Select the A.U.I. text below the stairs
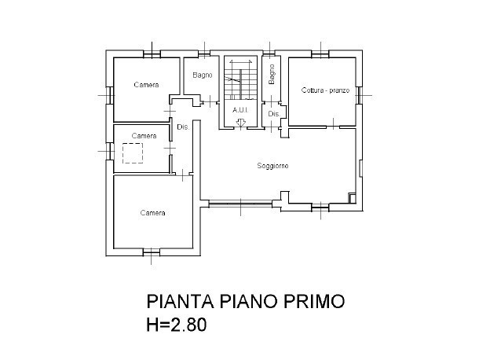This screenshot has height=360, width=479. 240,110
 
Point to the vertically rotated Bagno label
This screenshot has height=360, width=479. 272,75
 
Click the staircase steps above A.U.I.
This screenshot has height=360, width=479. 239,79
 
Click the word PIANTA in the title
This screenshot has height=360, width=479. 181,303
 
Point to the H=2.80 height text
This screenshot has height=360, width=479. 177,325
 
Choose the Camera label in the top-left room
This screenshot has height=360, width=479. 146,85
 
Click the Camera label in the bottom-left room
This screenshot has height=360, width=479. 152,213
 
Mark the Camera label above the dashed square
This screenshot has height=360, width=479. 144,136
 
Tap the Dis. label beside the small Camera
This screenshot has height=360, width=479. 182,127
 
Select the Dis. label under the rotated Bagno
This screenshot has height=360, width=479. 273,115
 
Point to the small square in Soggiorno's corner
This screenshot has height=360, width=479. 352,197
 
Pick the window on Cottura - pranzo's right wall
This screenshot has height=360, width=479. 359,94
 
